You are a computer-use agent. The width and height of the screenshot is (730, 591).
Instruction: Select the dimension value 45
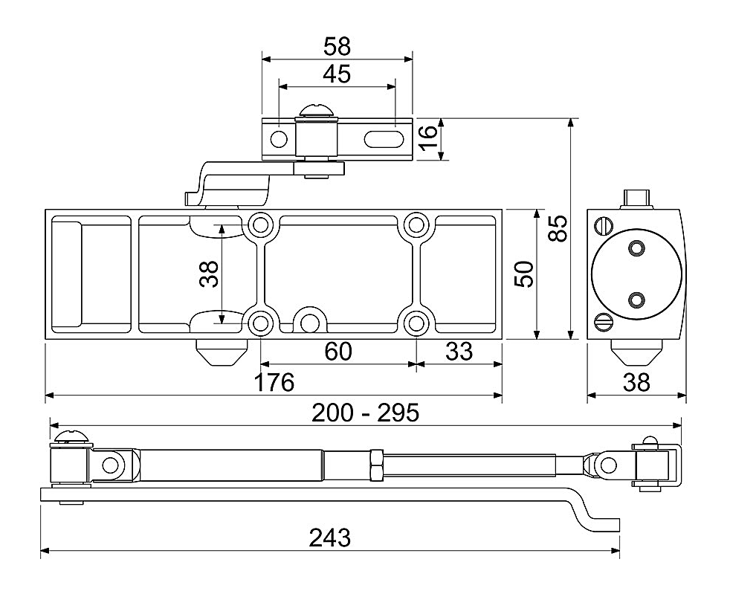pos(337,74)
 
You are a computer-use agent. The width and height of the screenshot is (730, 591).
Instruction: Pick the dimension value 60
pos(338,351)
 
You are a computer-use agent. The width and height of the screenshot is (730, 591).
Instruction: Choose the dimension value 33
pos(459,351)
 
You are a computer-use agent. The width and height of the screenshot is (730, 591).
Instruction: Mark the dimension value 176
pos(274,382)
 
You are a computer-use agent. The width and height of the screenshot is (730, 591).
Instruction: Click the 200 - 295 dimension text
pos(366,413)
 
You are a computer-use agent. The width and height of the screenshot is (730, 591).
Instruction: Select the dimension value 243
pos(329,538)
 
